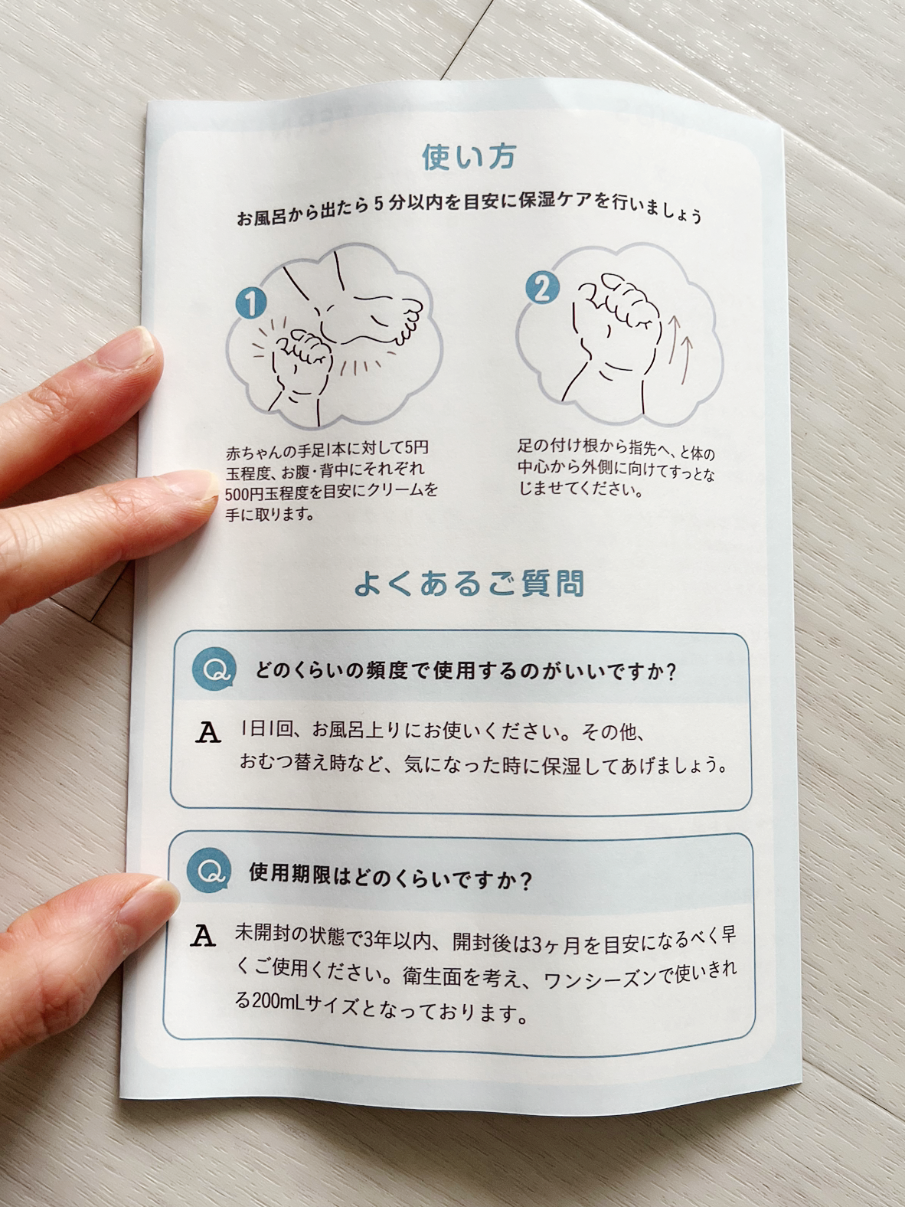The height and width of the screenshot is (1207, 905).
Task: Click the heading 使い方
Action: tap(469, 157)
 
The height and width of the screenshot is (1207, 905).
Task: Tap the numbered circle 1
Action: tap(251, 303)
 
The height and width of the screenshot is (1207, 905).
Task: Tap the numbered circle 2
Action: tap(542, 288)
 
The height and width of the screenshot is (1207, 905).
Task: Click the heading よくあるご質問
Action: tap(469, 585)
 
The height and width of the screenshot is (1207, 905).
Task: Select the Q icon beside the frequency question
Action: tap(214, 670)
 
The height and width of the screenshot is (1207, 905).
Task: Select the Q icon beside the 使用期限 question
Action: tap(207, 870)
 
